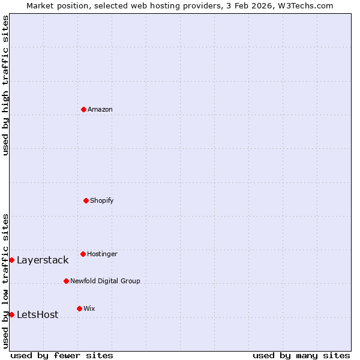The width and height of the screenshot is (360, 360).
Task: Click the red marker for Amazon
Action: point(83,109)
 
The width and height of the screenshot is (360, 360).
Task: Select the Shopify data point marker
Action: point(86,200)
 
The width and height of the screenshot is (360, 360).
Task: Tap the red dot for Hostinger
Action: point(83,254)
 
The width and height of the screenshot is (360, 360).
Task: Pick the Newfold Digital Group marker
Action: point(66,281)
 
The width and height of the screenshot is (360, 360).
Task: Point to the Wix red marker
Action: point(79,308)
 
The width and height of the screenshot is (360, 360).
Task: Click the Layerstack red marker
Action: point(11,260)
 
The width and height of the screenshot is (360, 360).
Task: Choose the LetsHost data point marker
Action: point(11,314)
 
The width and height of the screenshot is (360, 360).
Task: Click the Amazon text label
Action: point(100,109)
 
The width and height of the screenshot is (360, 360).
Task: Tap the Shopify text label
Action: point(102,200)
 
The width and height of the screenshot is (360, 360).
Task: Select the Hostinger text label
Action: point(102,254)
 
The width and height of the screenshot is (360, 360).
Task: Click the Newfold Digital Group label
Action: point(105,281)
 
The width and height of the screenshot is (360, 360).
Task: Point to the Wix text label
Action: point(89,308)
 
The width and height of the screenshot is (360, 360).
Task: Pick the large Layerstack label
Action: point(43,260)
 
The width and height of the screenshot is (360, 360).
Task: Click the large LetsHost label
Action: point(38,315)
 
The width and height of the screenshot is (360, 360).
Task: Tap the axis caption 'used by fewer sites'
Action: point(62,355)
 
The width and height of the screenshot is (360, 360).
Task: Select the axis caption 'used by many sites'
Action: point(301,355)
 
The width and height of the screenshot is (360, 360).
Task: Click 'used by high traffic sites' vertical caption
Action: point(5,85)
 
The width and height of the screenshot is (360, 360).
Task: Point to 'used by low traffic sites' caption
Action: point(5,281)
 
